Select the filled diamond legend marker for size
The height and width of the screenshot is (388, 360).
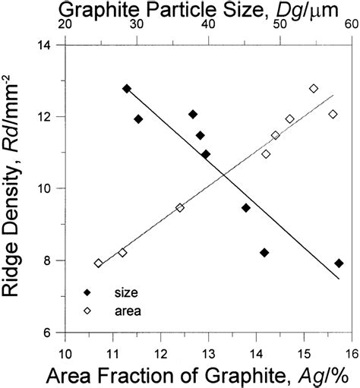click(x=87, y=292)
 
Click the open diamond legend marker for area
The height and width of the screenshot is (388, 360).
click(x=87, y=311)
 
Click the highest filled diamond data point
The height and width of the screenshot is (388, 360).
click(x=127, y=89)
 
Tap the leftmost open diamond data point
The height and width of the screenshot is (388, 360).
click(x=98, y=263)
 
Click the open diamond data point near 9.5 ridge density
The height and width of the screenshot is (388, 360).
click(x=180, y=207)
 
